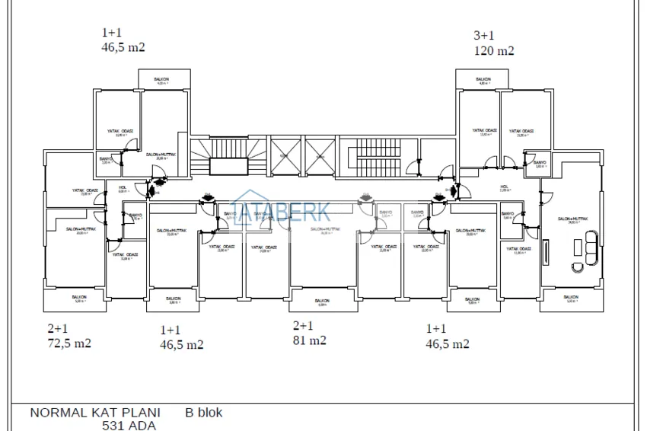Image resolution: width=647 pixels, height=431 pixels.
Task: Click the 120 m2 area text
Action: [x=494, y=51]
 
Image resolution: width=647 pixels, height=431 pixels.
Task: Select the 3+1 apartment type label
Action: [x=483, y=35]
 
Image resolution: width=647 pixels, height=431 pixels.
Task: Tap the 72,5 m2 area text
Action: [x=69, y=343]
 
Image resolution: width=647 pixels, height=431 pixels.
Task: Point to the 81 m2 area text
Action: [x=310, y=340]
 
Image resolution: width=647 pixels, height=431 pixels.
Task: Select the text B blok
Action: [x=204, y=413]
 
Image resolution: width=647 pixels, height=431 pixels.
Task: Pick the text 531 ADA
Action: [x=129, y=426]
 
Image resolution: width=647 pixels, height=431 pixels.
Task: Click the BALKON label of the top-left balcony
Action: [x=160, y=79]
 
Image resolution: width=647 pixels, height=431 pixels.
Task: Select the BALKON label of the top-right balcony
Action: [x=483, y=79]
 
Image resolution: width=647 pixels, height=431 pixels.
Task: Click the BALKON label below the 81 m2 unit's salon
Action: [x=322, y=301]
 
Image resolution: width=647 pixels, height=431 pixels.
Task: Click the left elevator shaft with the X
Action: [x=286, y=155]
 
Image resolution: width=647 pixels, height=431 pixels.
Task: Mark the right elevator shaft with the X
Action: [x=320, y=155]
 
